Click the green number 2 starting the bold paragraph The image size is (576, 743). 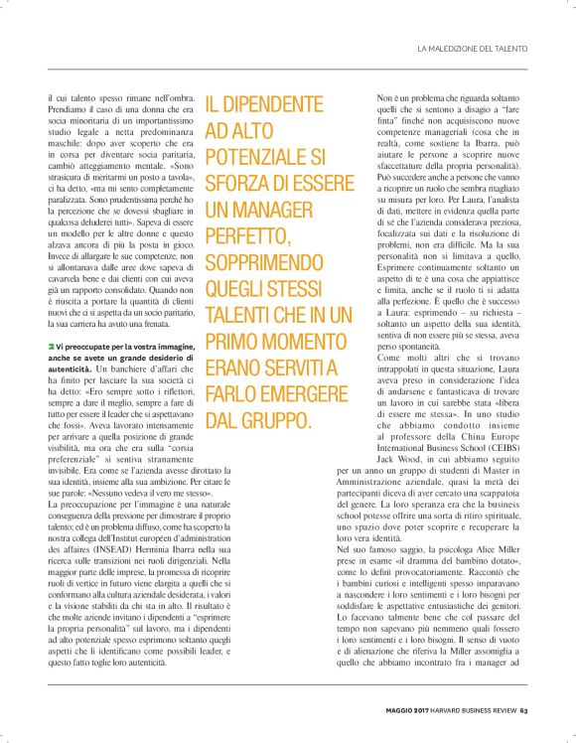coord(51,343)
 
